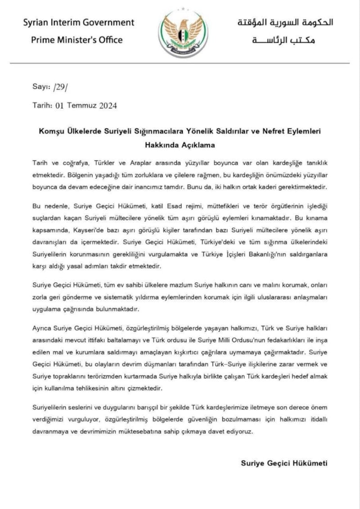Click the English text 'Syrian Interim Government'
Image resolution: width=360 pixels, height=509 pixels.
pos(79,22)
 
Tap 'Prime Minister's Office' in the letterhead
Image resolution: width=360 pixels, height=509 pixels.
pos(76,40)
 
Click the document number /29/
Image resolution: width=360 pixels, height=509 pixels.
pos(60,87)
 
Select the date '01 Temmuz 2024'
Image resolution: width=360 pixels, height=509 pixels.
pos(86,106)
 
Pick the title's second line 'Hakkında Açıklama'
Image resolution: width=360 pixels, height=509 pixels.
pos(180,145)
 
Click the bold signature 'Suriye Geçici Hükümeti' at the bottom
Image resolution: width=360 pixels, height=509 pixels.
pos(284,463)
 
